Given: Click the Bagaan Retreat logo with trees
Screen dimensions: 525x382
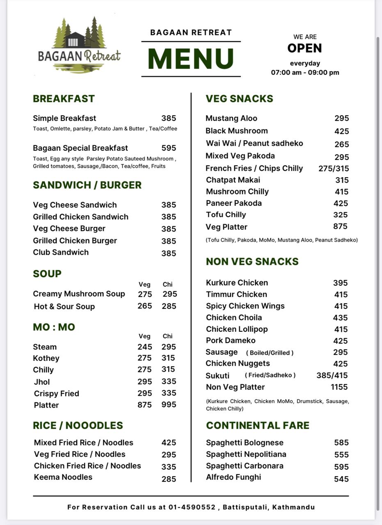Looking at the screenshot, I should coord(79,45).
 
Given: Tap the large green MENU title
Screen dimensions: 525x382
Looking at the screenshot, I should coord(191,59).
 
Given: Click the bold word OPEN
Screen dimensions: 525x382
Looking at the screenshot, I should coord(304,48).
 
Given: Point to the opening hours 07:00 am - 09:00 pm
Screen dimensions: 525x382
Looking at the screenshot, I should coord(305,73).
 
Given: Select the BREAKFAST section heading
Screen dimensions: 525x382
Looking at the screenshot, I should coord(64,99).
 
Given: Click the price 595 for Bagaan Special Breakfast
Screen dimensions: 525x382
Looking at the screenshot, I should coord(169,148).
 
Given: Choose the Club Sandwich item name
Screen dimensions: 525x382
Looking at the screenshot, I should coord(61,252).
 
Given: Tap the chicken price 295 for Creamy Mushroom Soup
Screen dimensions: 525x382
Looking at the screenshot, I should coord(170,294).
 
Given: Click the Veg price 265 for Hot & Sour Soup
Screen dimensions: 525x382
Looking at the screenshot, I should coord(144,306).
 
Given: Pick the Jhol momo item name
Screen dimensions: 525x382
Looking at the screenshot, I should coord(42,382).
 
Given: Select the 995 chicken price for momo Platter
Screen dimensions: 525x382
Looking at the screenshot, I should coord(169,405).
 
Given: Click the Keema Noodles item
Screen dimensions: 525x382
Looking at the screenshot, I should coord(63,477).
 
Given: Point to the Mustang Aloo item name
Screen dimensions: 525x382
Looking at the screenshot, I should coord(231,119).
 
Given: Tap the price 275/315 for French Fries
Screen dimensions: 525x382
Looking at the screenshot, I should coord(334,169).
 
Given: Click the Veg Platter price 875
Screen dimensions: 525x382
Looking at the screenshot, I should coord(340,226).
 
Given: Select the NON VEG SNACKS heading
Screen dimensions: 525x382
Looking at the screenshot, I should coord(252,262).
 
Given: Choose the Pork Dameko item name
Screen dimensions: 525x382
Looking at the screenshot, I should coord(231,340).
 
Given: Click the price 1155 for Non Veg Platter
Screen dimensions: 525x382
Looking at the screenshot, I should coord(339,387).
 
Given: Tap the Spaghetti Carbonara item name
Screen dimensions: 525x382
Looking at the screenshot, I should coord(245,466).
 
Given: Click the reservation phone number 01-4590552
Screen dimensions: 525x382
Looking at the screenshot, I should coord(192,507).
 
